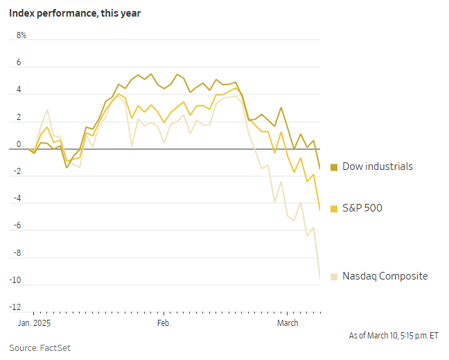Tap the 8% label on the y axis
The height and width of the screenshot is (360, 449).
(21, 35)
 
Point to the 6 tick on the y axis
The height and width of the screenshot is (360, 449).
(19, 63)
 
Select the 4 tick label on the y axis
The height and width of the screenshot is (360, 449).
(19, 90)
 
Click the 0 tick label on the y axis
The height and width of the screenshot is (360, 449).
(19, 144)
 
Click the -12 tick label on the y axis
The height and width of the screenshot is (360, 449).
(17, 307)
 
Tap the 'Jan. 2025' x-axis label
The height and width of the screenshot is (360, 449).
(33, 323)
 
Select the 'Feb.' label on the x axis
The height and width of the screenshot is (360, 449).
(164, 323)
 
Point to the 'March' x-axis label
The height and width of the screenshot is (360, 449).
(288, 323)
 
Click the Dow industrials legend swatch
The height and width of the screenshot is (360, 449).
(334, 167)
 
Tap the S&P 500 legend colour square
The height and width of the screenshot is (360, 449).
(334, 208)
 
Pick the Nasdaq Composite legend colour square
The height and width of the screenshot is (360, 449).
(334, 276)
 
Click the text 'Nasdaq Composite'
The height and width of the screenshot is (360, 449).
(385, 276)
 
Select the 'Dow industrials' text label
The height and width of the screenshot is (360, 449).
(378, 166)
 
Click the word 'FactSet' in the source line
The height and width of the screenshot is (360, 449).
(58, 348)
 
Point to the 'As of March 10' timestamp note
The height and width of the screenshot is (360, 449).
(394, 336)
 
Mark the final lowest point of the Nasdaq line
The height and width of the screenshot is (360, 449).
(319, 278)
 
